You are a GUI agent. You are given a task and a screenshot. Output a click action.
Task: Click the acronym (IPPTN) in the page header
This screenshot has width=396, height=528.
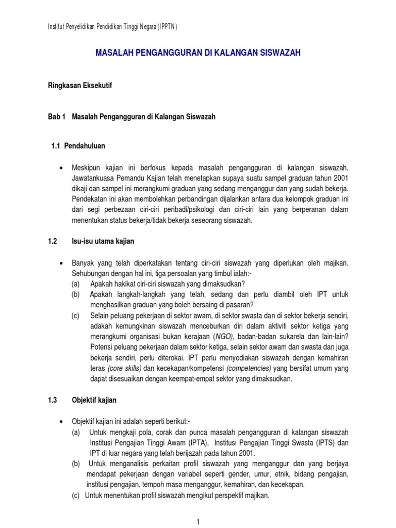pos(164,27)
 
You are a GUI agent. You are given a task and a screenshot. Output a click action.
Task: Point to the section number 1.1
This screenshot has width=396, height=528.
pos(56,146)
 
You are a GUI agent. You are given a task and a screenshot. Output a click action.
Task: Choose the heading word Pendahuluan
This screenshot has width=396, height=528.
pos(85,146)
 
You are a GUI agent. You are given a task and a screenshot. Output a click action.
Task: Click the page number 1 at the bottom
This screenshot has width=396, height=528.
pos(198,522)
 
